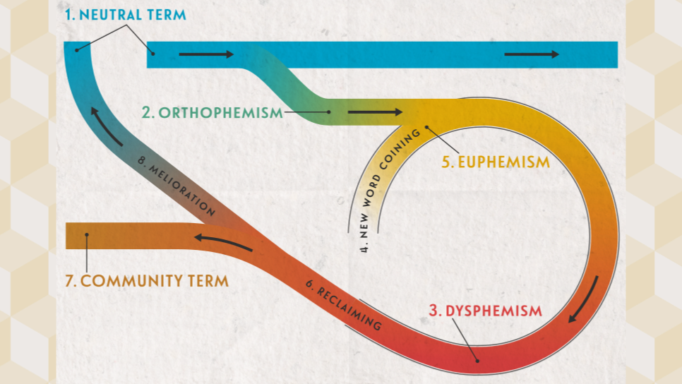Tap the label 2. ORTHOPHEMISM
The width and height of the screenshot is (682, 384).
click(212, 112)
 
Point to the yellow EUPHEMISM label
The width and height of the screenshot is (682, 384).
click(496, 162)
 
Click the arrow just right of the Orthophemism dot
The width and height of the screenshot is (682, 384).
click(375, 112)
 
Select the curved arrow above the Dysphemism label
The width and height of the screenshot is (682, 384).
click(583, 299)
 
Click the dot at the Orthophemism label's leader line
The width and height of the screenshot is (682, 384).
click(329, 112)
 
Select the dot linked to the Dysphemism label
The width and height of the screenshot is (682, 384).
click(477, 361)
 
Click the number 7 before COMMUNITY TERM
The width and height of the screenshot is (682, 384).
click(69, 281)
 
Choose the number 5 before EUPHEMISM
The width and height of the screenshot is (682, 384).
click(447, 162)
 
